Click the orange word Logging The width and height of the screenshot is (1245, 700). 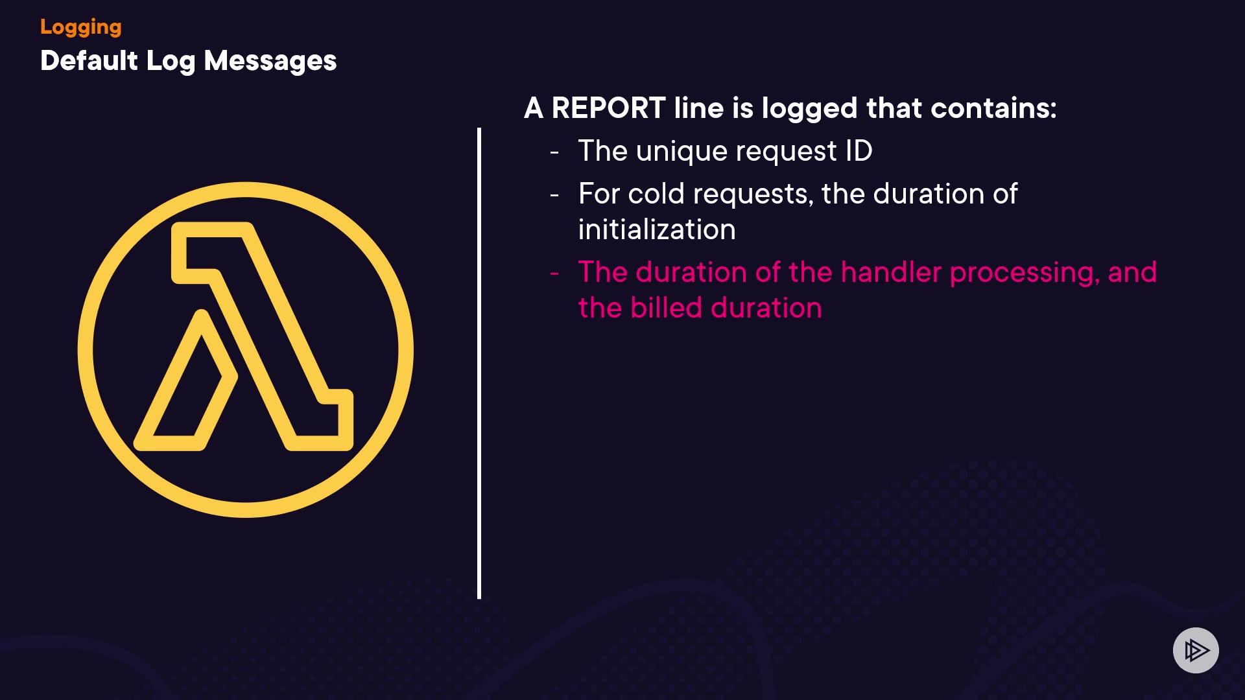point(81,27)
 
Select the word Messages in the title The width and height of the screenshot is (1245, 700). point(270,62)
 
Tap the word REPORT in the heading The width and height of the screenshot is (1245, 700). point(608,108)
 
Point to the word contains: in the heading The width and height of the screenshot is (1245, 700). point(993,108)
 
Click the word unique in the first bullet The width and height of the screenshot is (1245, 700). point(682,152)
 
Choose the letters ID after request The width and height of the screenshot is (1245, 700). point(859,151)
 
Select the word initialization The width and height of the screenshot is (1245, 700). point(657,229)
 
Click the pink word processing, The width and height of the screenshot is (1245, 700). point(1025,274)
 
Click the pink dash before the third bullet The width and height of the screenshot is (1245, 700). point(554,274)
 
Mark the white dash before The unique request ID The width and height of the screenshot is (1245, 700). point(554,153)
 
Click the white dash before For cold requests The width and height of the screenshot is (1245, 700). point(554,195)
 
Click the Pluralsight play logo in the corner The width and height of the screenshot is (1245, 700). point(1196,650)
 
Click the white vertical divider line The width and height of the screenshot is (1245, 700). point(479,364)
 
